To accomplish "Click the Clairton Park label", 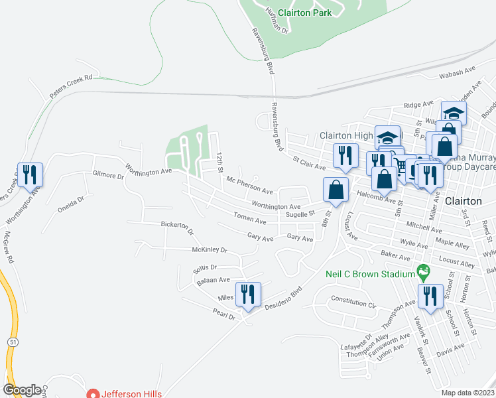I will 304,12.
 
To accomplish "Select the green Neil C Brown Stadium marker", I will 422,271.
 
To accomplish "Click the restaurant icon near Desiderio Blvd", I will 249,294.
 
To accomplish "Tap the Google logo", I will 22,389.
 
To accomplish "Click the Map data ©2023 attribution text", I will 467,393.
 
